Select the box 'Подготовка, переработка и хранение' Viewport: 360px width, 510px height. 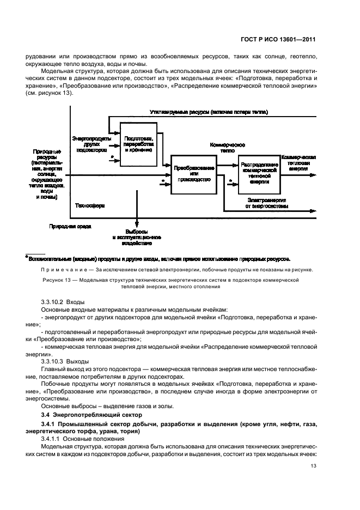pyautogui.click(x=138, y=143)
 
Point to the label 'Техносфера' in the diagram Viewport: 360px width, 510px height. pyautogui.click(x=90, y=207)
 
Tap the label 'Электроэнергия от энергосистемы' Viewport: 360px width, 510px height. pyautogui.click(x=267, y=203)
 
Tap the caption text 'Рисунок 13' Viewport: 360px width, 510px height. pyautogui.click(x=57, y=280)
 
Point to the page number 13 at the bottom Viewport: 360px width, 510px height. pyautogui.click(x=313, y=465)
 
